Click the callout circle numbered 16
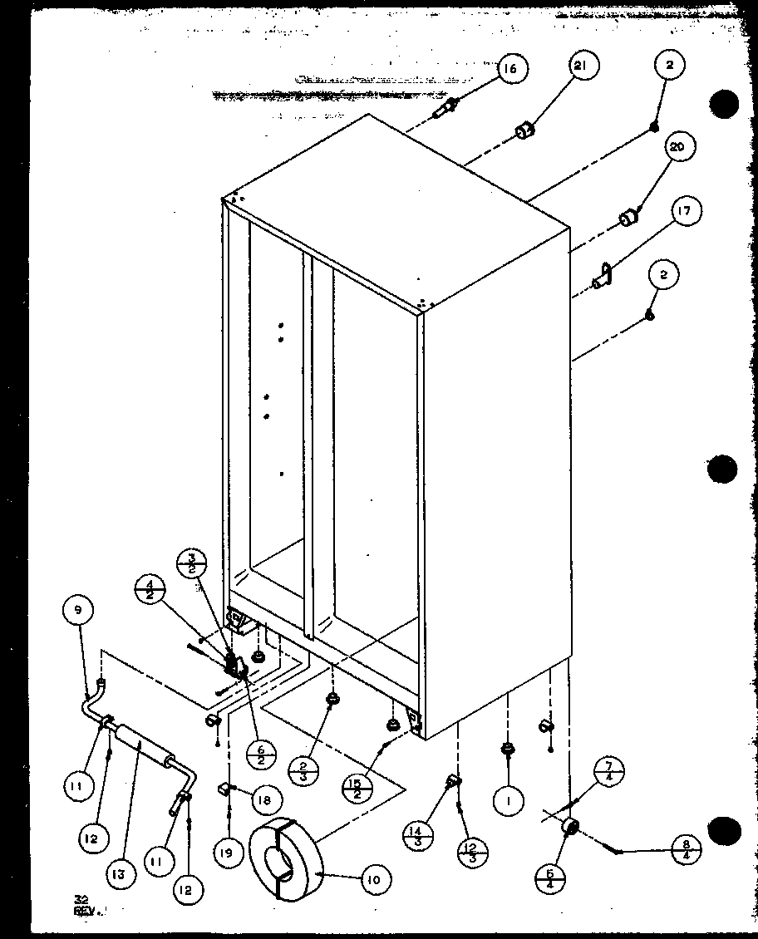[510, 69]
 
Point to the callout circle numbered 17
[683, 211]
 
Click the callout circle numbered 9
[77, 612]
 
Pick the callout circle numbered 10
[373, 878]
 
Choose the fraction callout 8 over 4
[687, 851]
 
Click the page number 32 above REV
[81, 898]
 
